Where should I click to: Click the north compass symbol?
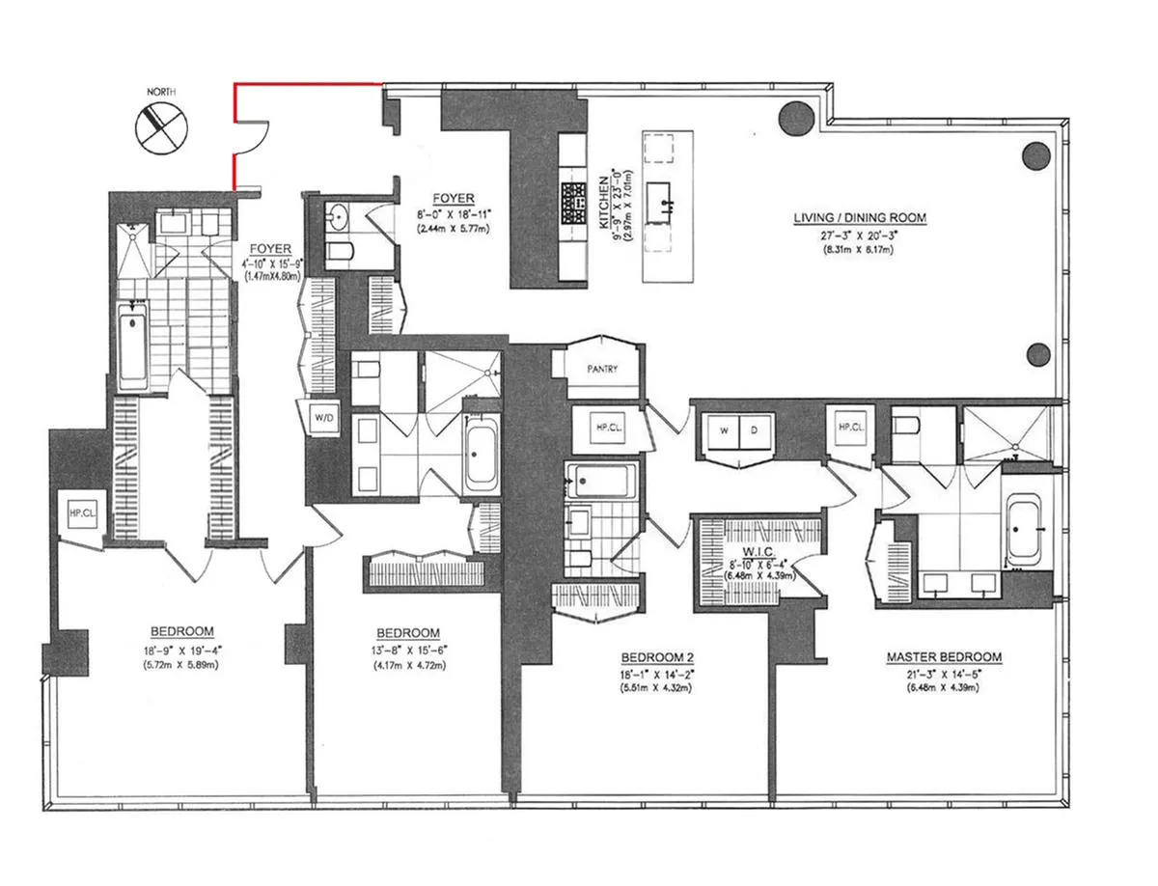click(x=156, y=126)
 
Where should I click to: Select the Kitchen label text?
click(x=603, y=201)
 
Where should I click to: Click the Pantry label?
click(x=601, y=369)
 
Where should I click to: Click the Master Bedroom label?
click(x=944, y=657)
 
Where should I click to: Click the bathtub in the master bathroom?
click(x=1023, y=531)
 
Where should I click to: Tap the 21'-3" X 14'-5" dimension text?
click(x=944, y=673)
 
